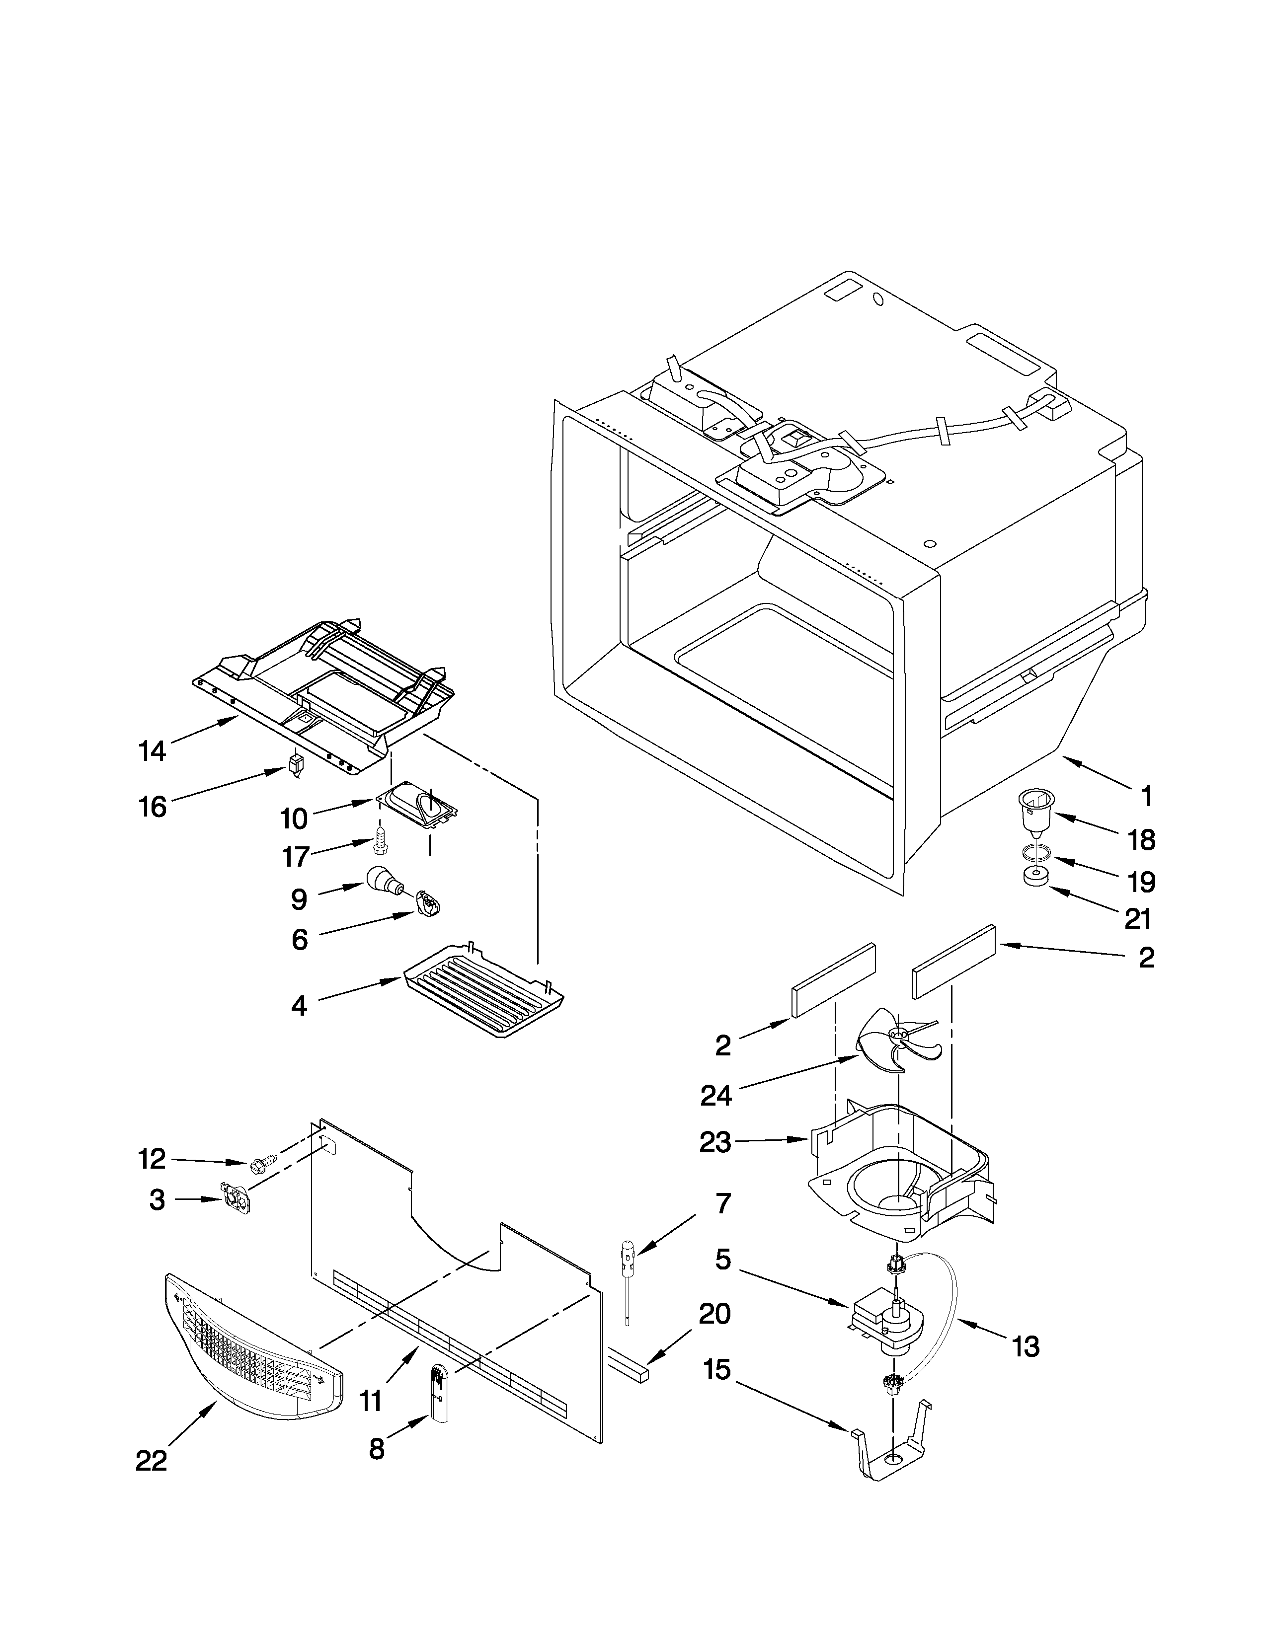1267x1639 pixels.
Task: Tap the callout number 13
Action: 1026,1347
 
